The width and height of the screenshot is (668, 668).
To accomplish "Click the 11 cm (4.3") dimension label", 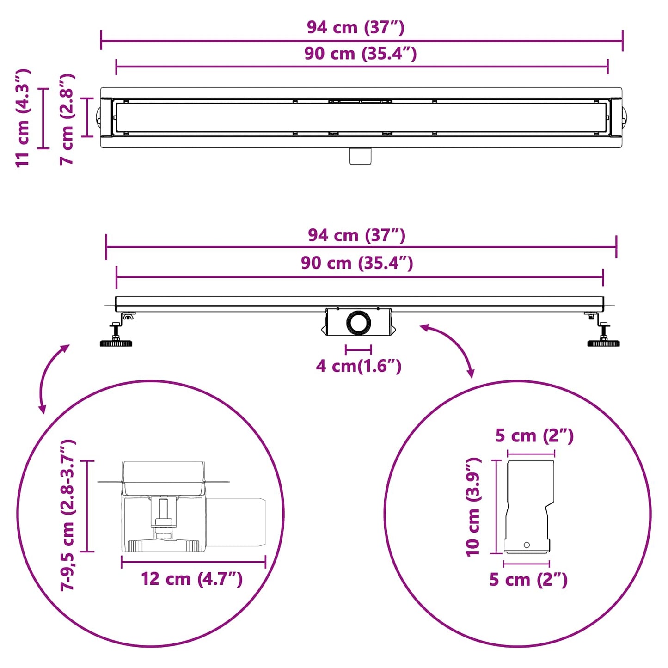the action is pyautogui.click(x=23, y=118).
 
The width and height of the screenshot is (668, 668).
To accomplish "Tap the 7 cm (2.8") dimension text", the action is pyautogui.click(x=67, y=119).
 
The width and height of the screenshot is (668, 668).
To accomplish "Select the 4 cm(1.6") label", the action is pyautogui.click(x=358, y=367).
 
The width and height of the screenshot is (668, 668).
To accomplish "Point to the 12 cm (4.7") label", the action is pyautogui.click(x=192, y=579).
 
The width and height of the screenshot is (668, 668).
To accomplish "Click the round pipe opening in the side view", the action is pyautogui.click(x=358, y=323).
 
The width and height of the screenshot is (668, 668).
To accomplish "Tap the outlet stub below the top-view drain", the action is pyautogui.click(x=360, y=156).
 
